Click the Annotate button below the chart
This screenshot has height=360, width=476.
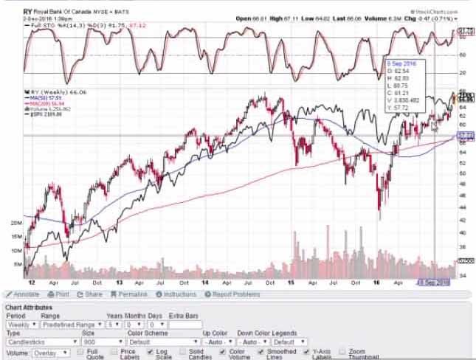point(23,294)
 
